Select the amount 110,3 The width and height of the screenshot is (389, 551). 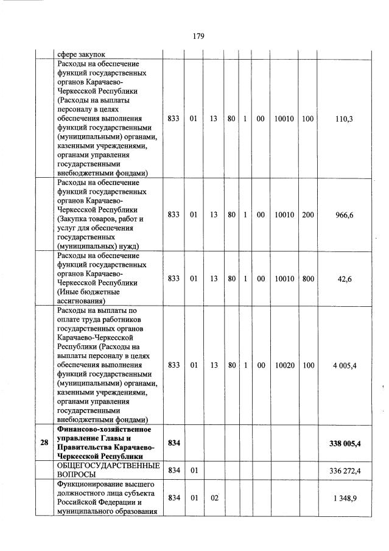345,119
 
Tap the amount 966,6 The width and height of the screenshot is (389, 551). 345,214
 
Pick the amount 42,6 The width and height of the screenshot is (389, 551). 345,279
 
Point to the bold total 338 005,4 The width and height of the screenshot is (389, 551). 345,443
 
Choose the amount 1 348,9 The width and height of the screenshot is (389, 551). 345,498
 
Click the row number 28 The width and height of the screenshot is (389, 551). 44,443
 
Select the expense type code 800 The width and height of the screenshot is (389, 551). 307,279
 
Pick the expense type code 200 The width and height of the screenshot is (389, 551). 307,214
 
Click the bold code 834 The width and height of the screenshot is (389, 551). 173,443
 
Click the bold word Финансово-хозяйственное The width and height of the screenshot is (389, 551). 103,430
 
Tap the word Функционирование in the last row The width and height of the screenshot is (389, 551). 91,484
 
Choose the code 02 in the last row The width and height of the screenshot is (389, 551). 214,498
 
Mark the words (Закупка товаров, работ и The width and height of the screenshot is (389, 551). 100,219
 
